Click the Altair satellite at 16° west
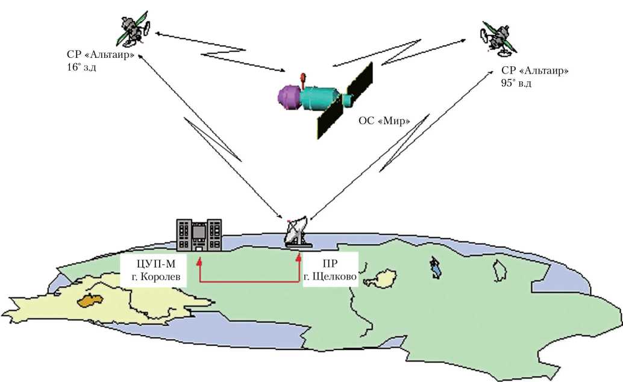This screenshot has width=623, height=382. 134,28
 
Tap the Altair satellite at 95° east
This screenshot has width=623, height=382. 498,37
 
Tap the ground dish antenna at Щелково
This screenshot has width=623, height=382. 296,233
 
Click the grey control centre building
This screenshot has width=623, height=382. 199,235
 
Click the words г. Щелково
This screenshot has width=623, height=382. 330,278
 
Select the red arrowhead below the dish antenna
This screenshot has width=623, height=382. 298,258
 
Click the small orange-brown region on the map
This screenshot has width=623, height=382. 92,299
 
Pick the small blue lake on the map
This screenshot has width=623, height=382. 434,267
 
